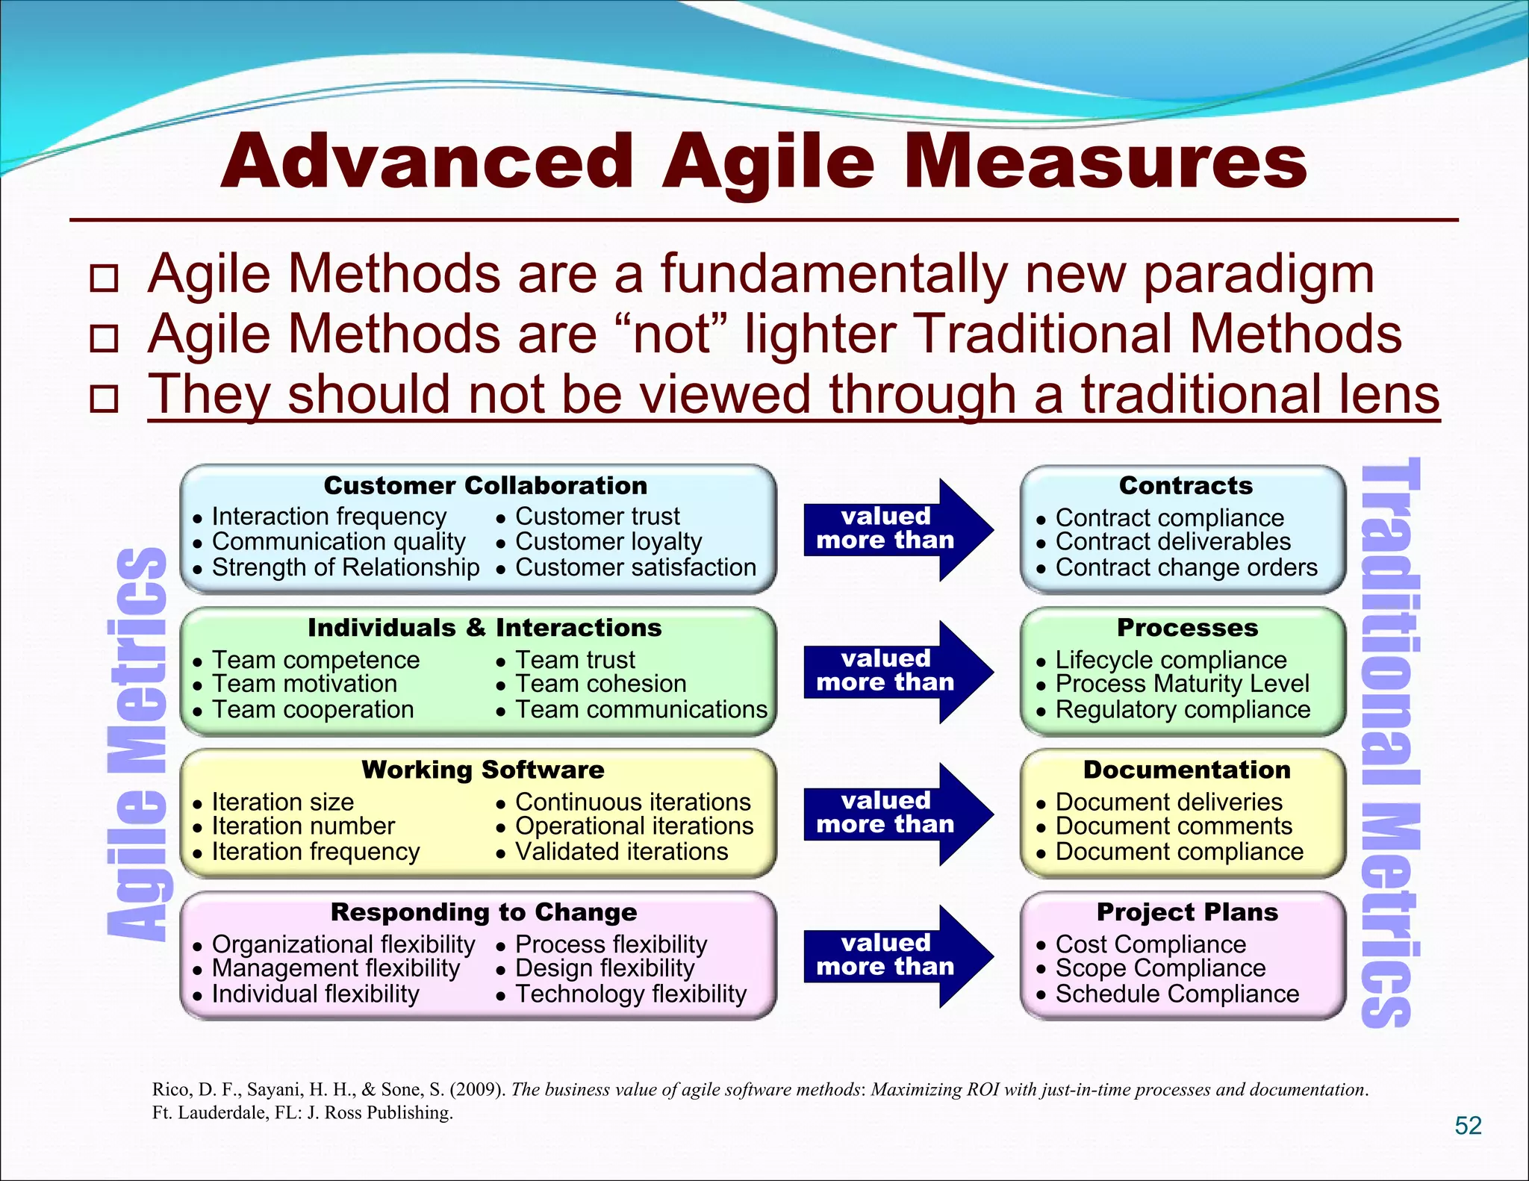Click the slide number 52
click(x=1468, y=1125)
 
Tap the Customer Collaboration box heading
click(x=485, y=486)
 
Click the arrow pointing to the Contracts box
click(x=897, y=529)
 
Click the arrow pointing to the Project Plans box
click(x=897, y=956)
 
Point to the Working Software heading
click(x=483, y=770)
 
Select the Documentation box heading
click(x=1186, y=770)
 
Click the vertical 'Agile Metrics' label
click(x=137, y=743)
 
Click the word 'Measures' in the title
click(x=1105, y=162)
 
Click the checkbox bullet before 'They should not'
click(x=104, y=398)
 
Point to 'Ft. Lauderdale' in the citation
click(x=207, y=1113)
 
